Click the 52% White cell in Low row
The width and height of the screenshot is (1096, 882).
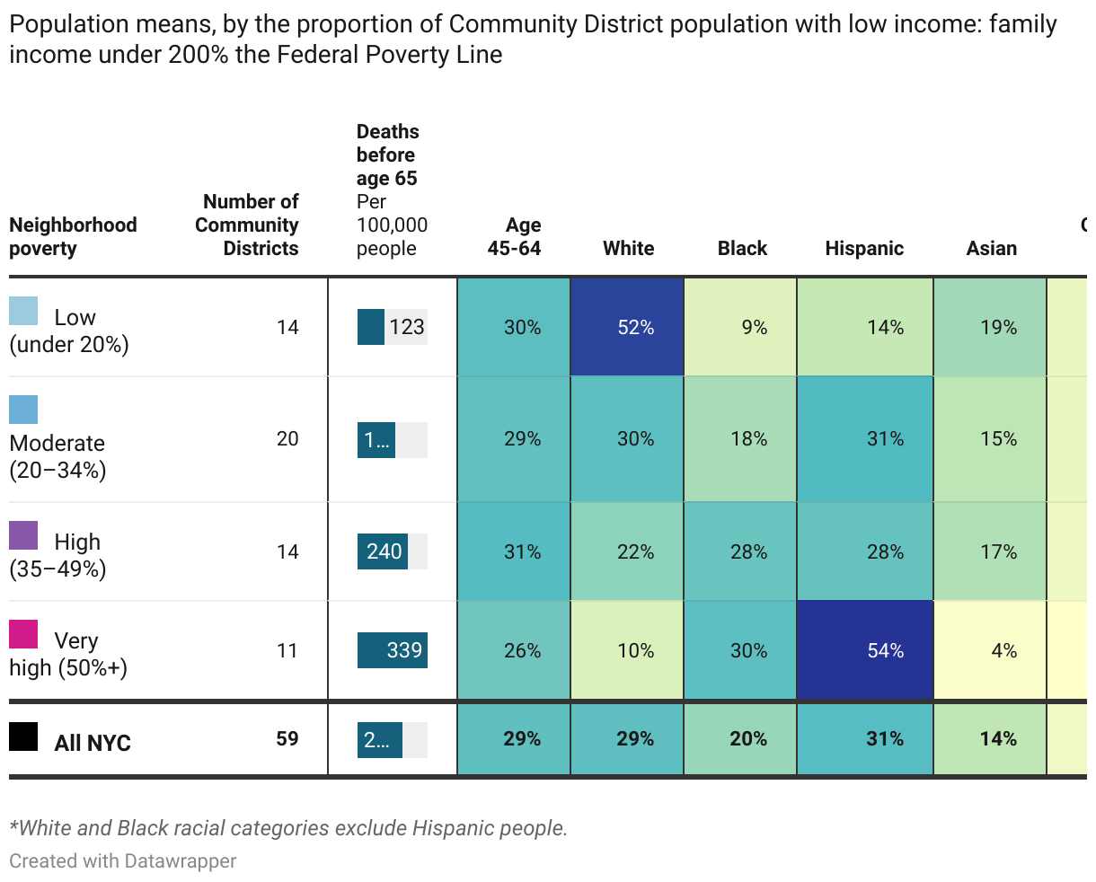(x=627, y=327)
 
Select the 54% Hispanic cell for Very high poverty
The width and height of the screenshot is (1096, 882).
(x=865, y=650)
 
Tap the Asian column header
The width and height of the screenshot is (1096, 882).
(x=991, y=249)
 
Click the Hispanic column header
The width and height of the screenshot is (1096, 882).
(x=864, y=249)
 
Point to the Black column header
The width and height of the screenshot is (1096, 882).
(x=742, y=249)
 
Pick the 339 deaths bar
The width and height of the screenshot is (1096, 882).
(x=393, y=650)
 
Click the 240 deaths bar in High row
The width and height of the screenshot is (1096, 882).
(x=383, y=551)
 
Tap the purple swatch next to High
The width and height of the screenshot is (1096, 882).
(x=23, y=535)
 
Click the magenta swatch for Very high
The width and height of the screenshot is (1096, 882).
(x=23, y=634)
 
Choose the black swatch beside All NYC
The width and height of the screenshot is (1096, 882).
(x=23, y=736)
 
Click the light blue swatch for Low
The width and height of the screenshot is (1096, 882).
(x=23, y=311)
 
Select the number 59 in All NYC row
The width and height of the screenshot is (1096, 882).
(x=287, y=739)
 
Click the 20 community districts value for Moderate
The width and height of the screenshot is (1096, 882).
(x=287, y=438)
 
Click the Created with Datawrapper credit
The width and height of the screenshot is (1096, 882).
(x=123, y=860)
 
